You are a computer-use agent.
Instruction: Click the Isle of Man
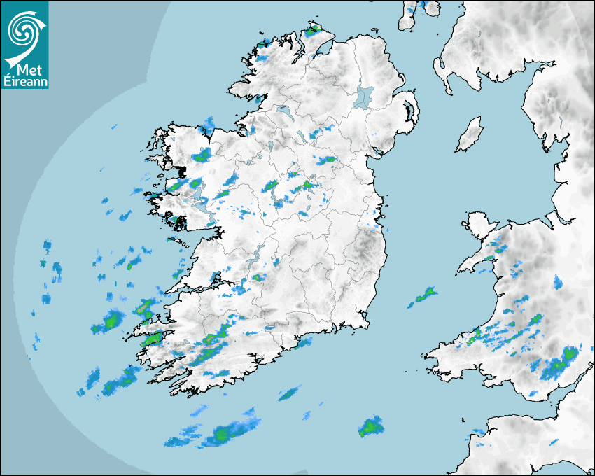(x=470, y=135)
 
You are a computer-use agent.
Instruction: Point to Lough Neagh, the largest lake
(x=364, y=96)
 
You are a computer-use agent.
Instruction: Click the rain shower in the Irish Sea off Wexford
(x=423, y=295)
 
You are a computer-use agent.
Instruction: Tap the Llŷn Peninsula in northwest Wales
(x=476, y=262)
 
